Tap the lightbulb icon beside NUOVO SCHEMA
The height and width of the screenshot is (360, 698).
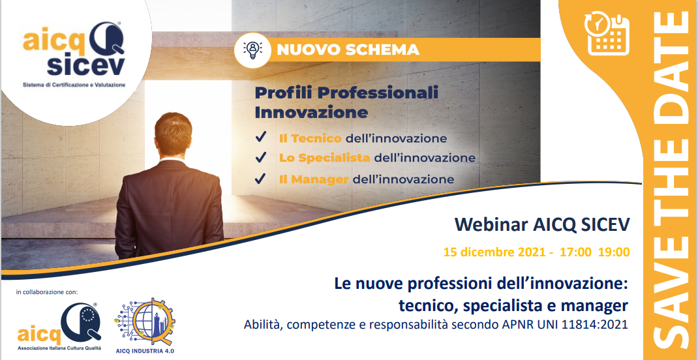[253, 50]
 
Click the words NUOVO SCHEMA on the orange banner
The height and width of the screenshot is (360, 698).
[348, 50]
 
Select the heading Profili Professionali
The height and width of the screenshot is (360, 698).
[346, 93]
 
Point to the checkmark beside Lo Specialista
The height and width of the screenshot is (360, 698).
[260, 158]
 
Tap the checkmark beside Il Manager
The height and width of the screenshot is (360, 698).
[260, 179]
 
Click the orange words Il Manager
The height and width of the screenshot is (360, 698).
[313, 179]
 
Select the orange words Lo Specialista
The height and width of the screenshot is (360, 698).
[324, 158]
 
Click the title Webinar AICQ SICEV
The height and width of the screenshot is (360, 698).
[542, 225]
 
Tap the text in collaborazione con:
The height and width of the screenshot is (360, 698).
[47, 292]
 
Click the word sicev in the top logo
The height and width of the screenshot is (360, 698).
[86, 66]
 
